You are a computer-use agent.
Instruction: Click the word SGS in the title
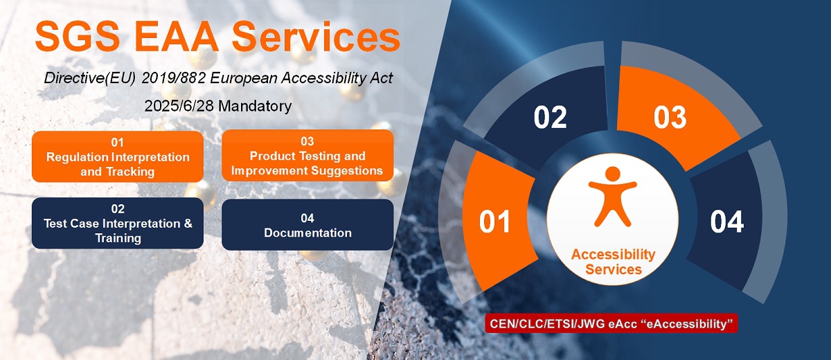pyautogui.click(x=78, y=36)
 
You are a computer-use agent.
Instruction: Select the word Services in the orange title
pyautogui.click(x=316, y=36)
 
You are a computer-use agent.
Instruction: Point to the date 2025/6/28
pyautogui.click(x=179, y=106)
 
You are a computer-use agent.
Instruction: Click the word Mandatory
pyautogui.click(x=255, y=106)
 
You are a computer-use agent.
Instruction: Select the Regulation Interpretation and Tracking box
pyautogui.click(x=118, y=156)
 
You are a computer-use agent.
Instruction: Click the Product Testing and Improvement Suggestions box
pyautogui.click(x=307, y=155)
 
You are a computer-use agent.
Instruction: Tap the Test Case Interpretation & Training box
pyautogui.click(x=118, y=223)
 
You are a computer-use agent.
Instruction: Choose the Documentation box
pyautogui.click(x=307, y=225)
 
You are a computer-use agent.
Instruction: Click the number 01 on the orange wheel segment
pyautogui.click(x=494, y=222)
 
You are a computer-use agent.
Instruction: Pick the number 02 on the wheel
pyautogui.click(x=550, y=117)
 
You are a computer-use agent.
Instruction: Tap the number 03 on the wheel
pyautogui.click(x=670, y=117)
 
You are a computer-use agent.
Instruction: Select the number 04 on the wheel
pyautogui.click(x=726, y=222)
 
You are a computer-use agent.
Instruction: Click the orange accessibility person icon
pyautogui.click(x=612, y=197)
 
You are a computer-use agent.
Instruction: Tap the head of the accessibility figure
pyautogui.click(x=612, y=174)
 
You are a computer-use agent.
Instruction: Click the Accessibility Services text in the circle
pyautogui.click(x=614, y=262)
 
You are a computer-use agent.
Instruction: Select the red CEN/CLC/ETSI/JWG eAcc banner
pyautogui.click(x=611, y=324)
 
